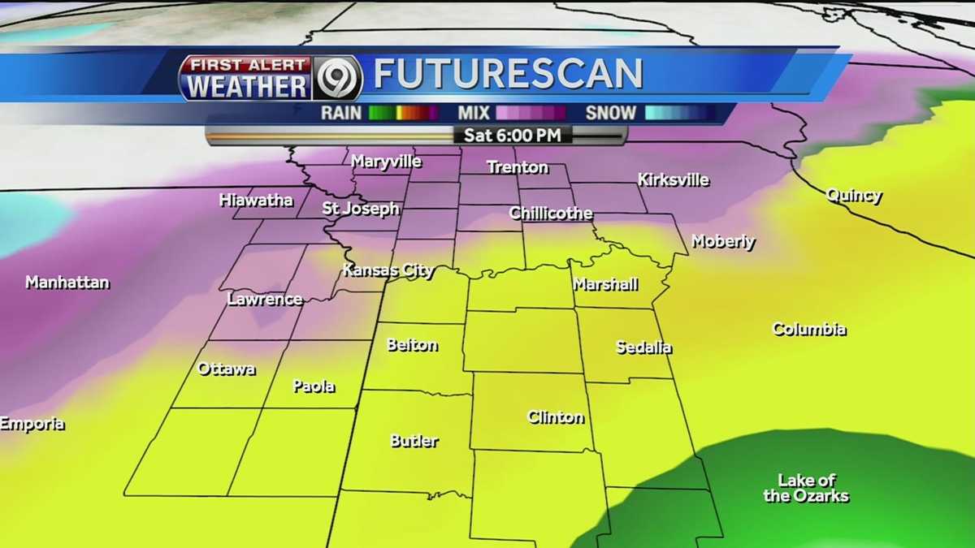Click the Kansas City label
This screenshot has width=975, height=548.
click(x=388, y=271)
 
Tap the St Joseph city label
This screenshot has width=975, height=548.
click(x=361, y=209)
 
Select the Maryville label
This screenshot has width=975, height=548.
click(x=386, y=162)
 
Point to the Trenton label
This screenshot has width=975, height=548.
click(x=518, y=168)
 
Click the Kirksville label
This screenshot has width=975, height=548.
click(x=673, y=180)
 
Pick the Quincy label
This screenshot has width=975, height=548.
click(x=853, y=196)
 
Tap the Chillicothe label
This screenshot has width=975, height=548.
click(x=550, y=214)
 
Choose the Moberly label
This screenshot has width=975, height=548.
click(x=723, y=242)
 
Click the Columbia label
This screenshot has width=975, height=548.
click(x=808, y=330)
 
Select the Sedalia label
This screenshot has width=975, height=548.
click(x=643, y=347)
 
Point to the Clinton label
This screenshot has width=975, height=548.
click(x=556, y=418)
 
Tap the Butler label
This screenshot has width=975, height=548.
click(x=414, y=442)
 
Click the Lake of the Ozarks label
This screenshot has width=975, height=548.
click(x=806, y=488)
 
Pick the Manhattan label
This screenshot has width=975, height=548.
click(x=67, y=283)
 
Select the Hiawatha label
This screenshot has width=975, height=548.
click(x=256, y=201)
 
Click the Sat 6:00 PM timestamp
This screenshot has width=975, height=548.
click(x=512, y=135)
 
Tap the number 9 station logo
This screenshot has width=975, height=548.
click(x=338, y=78)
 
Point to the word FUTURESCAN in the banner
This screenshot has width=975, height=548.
click(x=508, y=75)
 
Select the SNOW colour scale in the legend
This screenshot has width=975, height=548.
click(x=680, y=113)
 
